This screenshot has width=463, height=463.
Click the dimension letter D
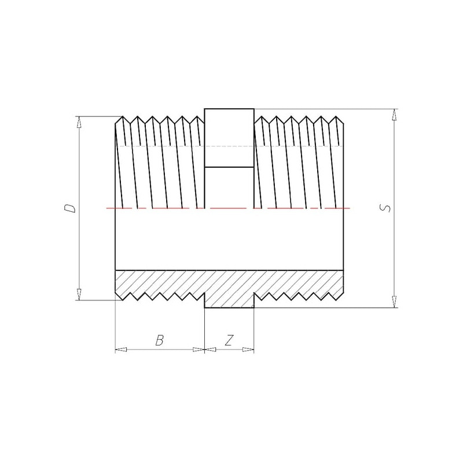pyautogui.click(x=70, y=208)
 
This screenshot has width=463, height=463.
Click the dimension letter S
pyautogui.click(x=385, y=208)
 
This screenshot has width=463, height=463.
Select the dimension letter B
pyautogui.click(x=160, y=340)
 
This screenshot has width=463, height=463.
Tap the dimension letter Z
pyautogui.click(x=229, y=340)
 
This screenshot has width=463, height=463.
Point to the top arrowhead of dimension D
pyautogui.click(x=79, y=122)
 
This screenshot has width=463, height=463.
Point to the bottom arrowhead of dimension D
pyautogui.click(x=79, y=295)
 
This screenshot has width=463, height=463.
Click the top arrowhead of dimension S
pyautogui.click(x=394, y=115)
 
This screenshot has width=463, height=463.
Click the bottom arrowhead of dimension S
pyautogui.click(x=394, y=302)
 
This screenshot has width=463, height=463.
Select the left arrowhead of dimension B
pyautogui.click(x=121, y=350)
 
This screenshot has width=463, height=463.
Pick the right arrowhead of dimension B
pyautogui.click(x=199, y=350)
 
